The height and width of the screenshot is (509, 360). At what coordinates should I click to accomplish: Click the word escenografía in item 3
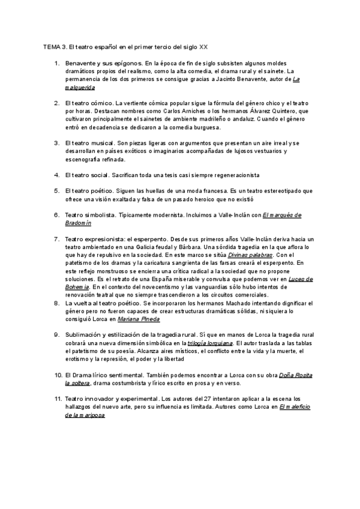point(88,160)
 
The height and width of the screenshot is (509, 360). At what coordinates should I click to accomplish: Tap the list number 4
point(56,175)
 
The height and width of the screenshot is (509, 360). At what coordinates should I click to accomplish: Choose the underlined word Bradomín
point(78,223)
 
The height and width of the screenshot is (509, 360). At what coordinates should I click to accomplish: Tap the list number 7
point(56,239)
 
